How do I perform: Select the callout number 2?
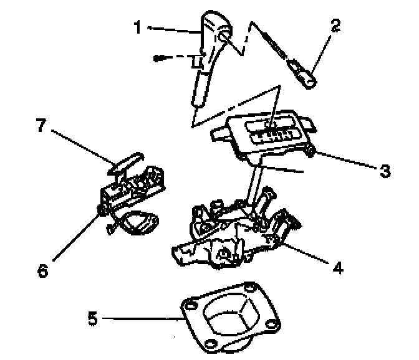[335, 26]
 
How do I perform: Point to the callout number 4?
[337, 269]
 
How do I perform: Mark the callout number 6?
[42, 272]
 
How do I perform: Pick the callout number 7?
[41, 126]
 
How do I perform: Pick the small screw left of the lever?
[160, 58]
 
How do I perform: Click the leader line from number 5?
[143, 320]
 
